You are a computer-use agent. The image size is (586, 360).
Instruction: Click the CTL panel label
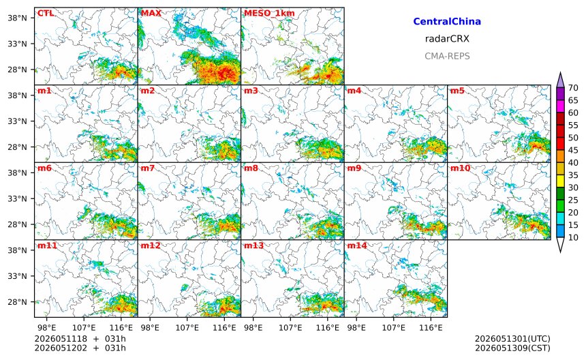tap(46, 14)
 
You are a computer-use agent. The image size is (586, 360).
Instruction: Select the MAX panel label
tap(151, 14)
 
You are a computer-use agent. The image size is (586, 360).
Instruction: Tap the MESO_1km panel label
tap(269, 14)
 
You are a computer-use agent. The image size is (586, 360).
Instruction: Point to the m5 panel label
tap(458, 91)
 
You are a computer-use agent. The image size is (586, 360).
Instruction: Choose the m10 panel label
tap(460, 168)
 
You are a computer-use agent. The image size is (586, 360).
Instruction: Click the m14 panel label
tap(357, 245)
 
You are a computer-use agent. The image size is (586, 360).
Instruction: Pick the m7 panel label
tap(148, 168)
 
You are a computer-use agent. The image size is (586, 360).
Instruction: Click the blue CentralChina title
tap(447, 22)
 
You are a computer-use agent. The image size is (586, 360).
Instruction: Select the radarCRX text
tap(447, 39)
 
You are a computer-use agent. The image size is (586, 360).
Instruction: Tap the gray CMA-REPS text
tap(447, 56)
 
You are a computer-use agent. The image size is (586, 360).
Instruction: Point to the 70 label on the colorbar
tap(573, 88)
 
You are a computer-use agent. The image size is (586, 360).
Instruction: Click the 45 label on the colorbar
tap(573, 150)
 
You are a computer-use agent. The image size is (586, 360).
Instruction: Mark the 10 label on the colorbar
tap(573, 237)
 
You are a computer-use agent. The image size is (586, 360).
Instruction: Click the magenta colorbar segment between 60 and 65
tap(560, 106)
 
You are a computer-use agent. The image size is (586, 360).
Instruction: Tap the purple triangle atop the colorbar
tap(560, 80)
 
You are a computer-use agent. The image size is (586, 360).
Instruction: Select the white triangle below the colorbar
tap(560, 244)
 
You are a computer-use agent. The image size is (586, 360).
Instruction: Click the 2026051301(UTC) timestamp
tap(512, 339)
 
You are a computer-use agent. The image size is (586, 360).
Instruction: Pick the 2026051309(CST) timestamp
tap(512, 348)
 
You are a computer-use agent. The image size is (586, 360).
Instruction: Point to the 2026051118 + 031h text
tap(80, 339)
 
